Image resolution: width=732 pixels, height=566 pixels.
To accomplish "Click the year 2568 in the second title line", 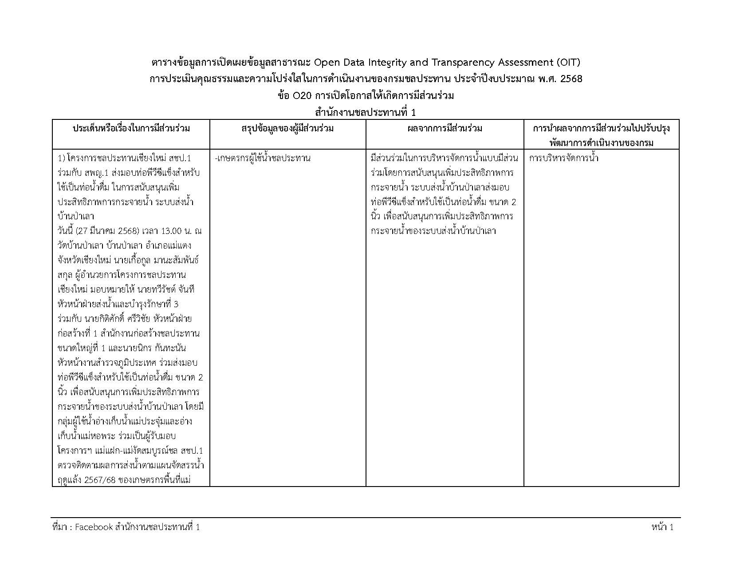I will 572,79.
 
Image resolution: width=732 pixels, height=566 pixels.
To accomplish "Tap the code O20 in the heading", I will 300,96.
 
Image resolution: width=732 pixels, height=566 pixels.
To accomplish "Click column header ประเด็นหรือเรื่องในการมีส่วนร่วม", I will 131,129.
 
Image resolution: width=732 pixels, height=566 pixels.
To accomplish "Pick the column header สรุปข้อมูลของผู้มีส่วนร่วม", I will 287,129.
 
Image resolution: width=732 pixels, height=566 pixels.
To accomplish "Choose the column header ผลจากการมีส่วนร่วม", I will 445,129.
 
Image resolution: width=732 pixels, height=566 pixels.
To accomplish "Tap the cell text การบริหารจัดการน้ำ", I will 563,158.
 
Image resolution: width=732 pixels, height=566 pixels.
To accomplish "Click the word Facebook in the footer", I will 94,527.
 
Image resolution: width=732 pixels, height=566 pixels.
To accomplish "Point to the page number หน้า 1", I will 662,527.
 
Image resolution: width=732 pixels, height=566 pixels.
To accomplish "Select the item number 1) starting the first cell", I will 62,158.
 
